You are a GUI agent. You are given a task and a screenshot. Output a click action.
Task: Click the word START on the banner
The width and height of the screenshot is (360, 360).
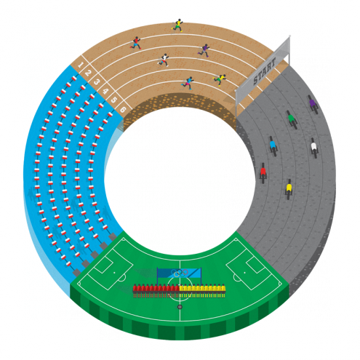point(264,71)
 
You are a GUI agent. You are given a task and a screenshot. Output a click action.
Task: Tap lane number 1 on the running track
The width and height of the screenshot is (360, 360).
point(81,65)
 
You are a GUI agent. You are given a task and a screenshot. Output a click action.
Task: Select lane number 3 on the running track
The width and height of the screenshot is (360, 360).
point(96,82)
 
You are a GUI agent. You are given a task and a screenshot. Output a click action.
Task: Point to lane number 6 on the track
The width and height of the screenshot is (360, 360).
point(123,110)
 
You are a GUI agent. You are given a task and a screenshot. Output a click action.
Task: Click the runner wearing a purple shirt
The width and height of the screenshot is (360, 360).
point(204,50)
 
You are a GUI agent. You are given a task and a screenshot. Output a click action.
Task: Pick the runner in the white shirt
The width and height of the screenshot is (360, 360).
point(164,60)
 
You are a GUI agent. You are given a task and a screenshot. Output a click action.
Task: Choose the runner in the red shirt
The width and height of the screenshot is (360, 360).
point(136,43)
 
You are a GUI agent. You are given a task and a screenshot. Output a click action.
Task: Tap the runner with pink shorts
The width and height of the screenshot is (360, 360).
point(188,83)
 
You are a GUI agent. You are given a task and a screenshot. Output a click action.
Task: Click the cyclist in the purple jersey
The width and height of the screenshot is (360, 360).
point(313,105)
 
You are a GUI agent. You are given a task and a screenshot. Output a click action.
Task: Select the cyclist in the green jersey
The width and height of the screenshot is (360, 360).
point(292,120)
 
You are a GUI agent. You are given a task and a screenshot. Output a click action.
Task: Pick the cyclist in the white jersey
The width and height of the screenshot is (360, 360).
point(314,148)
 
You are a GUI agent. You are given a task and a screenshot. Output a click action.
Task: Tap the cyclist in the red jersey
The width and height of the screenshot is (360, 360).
point(263,173)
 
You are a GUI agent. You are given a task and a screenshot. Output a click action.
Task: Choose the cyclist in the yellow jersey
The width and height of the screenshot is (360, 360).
point(289,189)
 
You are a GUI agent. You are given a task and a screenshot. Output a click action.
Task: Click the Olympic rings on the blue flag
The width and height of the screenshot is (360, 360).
point(180,273)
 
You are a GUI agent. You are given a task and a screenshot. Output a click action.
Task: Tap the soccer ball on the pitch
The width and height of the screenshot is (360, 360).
point(180,307)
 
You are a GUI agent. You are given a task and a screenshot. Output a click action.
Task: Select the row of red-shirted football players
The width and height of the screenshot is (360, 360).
point(156,291)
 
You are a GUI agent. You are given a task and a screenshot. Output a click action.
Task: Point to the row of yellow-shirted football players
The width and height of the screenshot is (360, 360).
point(202,291)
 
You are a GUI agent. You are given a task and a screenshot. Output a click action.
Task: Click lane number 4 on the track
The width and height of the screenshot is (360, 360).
point(105,92)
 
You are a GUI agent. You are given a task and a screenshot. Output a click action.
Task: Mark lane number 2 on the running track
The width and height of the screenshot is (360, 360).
point(88,73)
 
